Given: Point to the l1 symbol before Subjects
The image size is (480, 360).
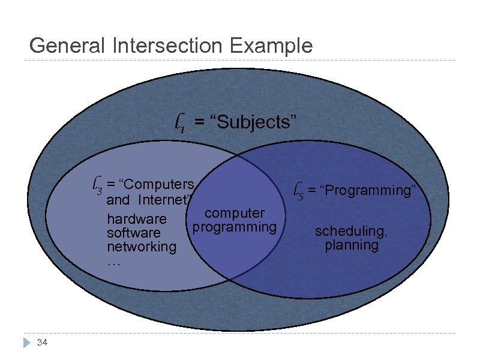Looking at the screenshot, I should click(179, 124).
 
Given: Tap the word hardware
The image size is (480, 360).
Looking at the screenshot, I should click(136, 219).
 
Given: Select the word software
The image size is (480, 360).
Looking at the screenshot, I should click(133, 233).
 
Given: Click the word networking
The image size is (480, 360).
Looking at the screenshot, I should click(141, 247).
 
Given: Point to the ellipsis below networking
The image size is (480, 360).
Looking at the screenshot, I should click(114, 262).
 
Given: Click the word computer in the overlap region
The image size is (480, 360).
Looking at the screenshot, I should click(235, 213).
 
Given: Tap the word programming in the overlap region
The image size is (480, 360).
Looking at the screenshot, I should click(235, 227).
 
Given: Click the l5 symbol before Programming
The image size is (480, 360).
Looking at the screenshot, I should click(298, 191).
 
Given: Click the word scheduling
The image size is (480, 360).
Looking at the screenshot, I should click(352, 231).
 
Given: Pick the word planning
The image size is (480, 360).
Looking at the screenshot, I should click(352, 245).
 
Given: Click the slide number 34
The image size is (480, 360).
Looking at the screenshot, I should click(42, 343).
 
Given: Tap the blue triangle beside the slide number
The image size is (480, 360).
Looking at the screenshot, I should click(26, 343).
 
